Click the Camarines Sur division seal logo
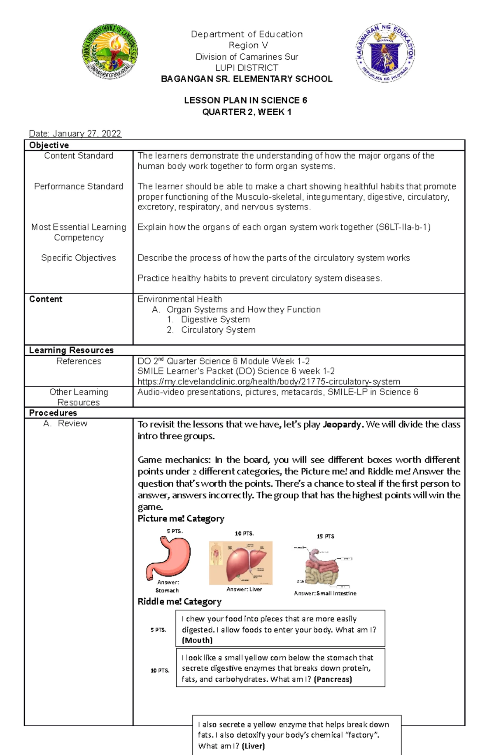110,51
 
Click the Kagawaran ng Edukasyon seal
385,53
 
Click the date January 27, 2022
75,134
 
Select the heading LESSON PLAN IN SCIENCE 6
246,100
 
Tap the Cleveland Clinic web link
269,382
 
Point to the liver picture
241,563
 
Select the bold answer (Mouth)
197,641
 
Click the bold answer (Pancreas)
333,679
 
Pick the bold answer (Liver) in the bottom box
253,746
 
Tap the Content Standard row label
79,156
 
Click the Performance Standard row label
79,187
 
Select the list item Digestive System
215,320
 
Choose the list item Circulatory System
218,330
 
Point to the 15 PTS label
325,537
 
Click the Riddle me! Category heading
179,602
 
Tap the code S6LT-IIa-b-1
403,227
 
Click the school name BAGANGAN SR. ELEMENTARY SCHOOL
247,79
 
